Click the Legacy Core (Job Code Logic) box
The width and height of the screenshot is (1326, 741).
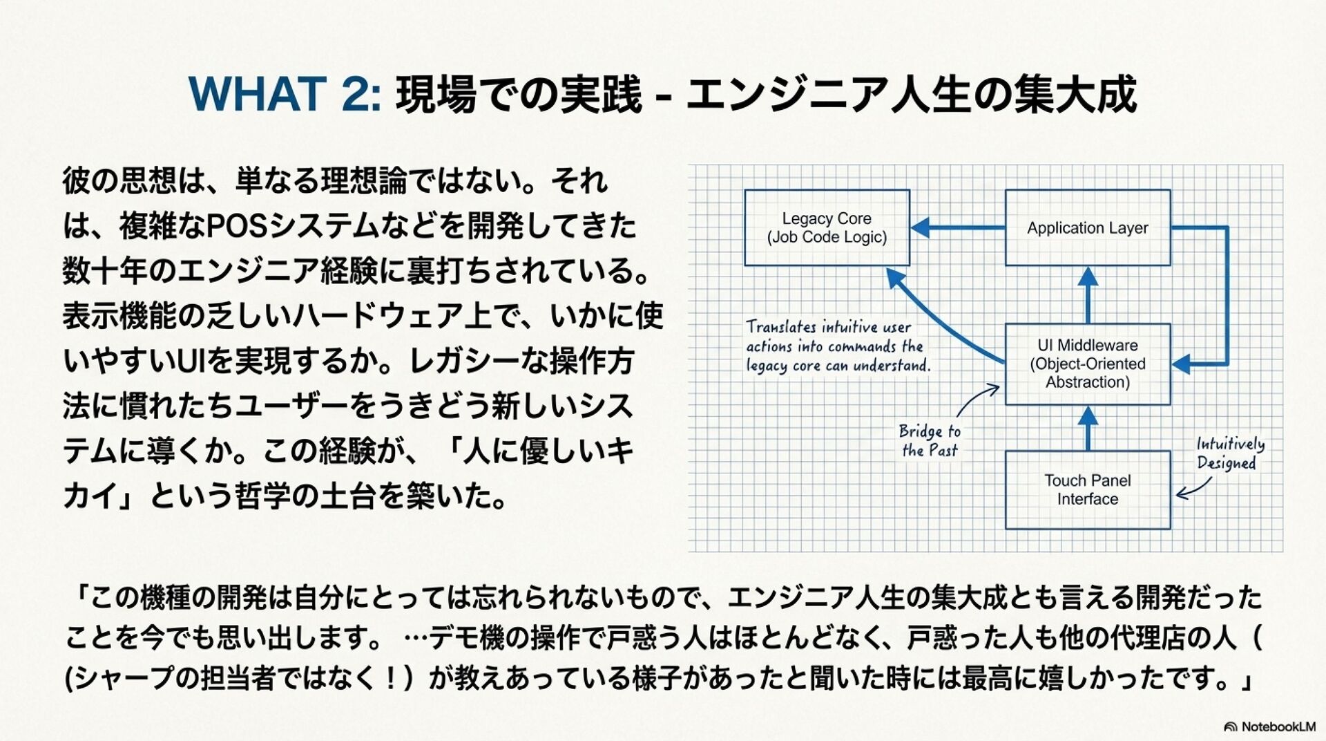click(x=827, y=227)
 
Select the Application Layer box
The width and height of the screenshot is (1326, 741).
click(x=1087, y=227)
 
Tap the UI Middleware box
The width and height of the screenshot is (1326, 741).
click(x=1087, y=364)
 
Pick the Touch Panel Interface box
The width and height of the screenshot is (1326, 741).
click(x=1087, y=489)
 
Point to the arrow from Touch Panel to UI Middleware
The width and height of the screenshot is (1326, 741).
click(x=1088, y=428)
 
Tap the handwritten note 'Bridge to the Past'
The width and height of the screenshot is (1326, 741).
click(x=930, y=440)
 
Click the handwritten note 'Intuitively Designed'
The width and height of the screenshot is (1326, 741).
click(x=1230, y=453)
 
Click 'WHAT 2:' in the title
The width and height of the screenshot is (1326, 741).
click(x=284, y=94)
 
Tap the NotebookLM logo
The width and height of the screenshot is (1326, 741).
click(x=1269, y=726)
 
